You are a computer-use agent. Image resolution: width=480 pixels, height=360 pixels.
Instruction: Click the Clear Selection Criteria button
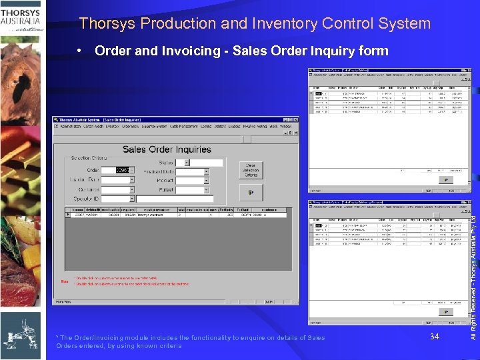pos(251,169)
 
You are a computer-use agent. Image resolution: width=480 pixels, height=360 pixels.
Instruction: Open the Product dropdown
pos(192,181)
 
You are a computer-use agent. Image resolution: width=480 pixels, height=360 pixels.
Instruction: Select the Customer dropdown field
pos(117,189)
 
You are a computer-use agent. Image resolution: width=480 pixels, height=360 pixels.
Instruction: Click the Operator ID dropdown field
pos(117,199)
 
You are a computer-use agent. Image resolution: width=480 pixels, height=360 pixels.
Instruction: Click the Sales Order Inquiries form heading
pos(167,149)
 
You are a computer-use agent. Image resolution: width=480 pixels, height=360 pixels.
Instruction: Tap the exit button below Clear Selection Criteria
pos(251,193)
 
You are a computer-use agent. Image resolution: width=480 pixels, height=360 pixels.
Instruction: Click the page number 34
pos(435,337)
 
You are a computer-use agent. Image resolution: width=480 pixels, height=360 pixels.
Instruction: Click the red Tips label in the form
pos(64,281)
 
